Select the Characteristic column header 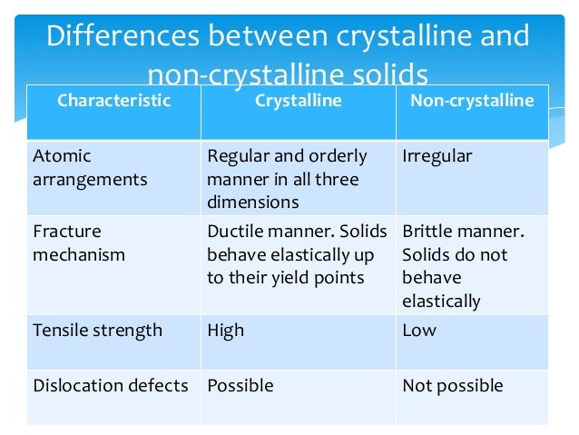(113, 101)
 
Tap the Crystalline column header (298, 101)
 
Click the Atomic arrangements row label (90, 168)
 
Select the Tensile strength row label (97, 330)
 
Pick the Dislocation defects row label (110, 386)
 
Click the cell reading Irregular (437, 156)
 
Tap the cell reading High (226, 330)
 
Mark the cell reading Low (419, 330)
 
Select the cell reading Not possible (452, 386)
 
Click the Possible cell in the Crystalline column (240, 386)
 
